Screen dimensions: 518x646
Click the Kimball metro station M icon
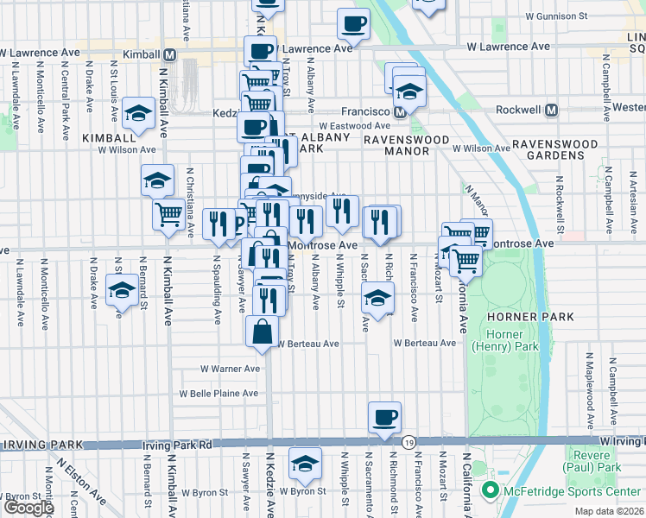170,54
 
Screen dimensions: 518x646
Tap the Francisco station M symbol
400,111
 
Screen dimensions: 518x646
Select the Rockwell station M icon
552,111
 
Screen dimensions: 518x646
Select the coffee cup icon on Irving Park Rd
384,418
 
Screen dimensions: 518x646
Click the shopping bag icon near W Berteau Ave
263,332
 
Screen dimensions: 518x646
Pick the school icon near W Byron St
304,464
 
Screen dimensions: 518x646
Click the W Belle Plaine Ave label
218,394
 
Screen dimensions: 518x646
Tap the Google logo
28,508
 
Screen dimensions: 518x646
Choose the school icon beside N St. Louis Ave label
137,112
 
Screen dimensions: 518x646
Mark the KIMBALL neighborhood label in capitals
109,137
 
